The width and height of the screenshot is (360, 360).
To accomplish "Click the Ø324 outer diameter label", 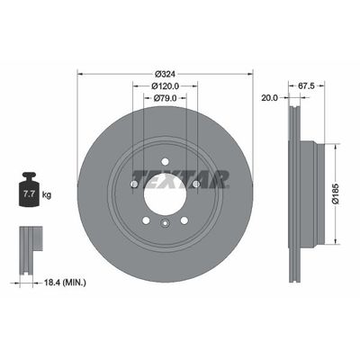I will coord(165,73).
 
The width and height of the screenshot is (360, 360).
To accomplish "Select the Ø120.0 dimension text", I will coord(165,86).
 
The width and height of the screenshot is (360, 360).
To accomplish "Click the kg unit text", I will coord(47,194).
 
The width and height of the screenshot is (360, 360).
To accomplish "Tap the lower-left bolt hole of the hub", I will coord(145,220).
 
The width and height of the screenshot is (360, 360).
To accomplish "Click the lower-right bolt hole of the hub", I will coord(184,220).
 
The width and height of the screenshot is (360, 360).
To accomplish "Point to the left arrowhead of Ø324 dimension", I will coord(82,73).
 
